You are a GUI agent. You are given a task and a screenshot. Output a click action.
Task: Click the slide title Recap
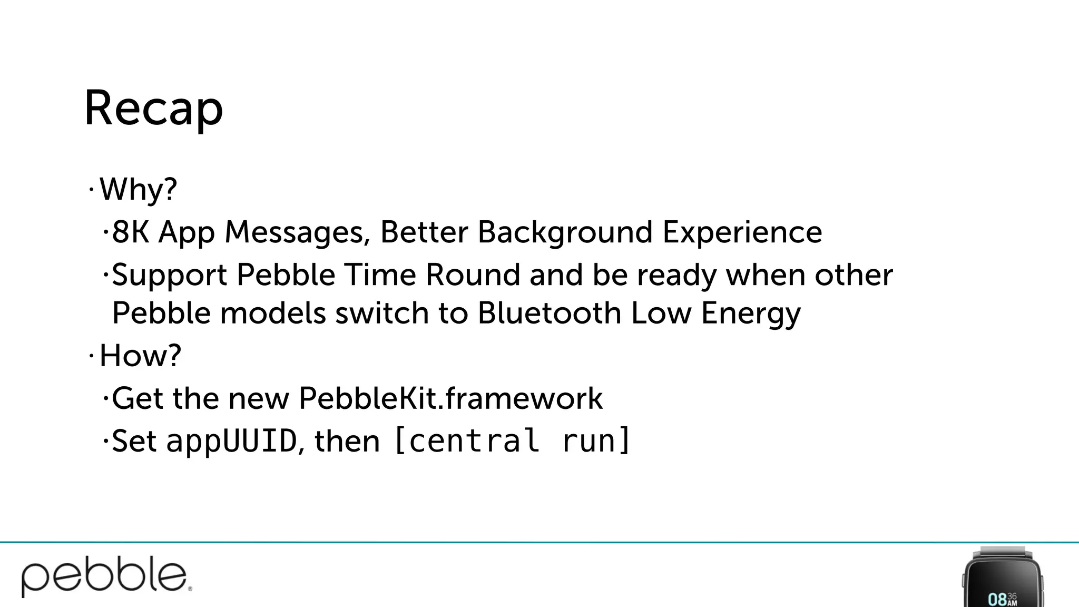click(153, 109)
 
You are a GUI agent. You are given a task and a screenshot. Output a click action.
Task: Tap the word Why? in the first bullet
click(138, 189)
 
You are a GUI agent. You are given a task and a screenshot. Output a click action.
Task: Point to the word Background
click(565, 233)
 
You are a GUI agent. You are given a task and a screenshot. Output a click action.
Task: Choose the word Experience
click(742, 233)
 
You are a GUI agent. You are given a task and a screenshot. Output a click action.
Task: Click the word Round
click(473, 275)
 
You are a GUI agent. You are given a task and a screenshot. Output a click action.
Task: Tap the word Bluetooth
click(549, 313)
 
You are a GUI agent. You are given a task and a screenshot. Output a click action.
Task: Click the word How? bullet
click(140, 356)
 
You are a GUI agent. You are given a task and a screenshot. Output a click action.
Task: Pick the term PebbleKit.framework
click(450, 398)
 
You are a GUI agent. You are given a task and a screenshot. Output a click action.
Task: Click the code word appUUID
click(231, 442)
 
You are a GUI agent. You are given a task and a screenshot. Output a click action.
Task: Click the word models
click(273, 313)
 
